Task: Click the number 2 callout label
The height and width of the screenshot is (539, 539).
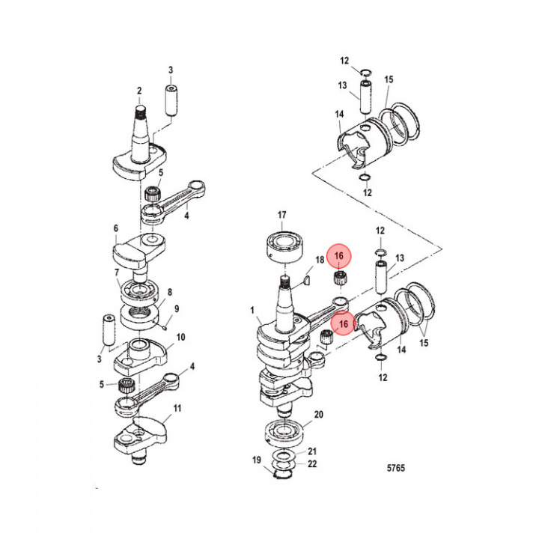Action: [138, 91]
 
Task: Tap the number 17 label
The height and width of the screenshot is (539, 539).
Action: [282, 216]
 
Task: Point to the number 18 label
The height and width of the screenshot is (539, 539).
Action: [320, 260]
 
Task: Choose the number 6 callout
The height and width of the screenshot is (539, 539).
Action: [116, 228]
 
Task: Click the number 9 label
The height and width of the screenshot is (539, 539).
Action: [177, 308]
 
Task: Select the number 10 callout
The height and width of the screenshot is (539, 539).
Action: [180, 338]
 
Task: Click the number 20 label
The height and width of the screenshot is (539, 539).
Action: [318, 414]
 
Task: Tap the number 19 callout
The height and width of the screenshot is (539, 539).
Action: [256, 460]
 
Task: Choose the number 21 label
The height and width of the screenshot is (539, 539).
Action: [313, 451]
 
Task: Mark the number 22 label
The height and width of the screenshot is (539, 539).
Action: [313, 464]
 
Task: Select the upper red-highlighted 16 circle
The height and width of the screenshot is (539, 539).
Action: [339, 257]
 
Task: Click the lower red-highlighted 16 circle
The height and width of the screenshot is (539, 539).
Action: [344, 323]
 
